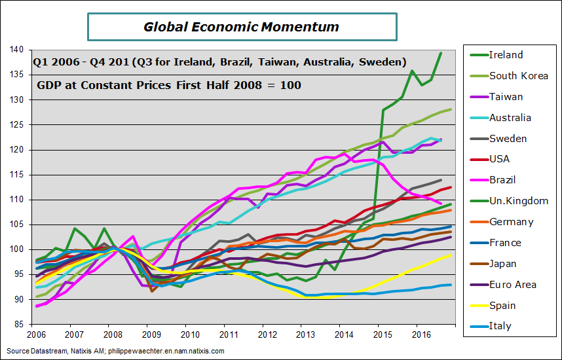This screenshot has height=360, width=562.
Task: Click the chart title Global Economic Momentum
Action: [241, 27]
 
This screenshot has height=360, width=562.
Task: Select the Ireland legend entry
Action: [506, 55]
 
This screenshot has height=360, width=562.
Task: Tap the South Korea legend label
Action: [519, 76]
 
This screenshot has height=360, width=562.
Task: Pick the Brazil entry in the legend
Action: [503, 180]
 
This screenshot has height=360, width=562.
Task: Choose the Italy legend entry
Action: [500, 326]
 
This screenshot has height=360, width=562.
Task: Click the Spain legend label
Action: [502, 306]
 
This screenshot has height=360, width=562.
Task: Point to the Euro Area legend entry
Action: [513, 285]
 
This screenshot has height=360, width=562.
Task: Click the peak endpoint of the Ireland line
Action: [440, 53]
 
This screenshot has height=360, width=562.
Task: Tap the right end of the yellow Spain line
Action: [451, 255]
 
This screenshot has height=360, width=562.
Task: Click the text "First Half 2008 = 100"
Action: [242, 85]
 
